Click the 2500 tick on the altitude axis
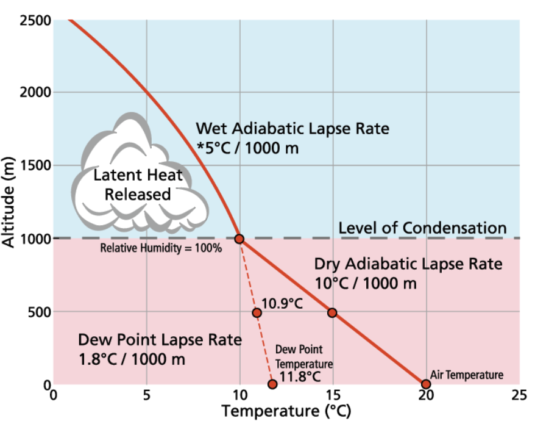click(35, 20)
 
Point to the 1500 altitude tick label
click(35, 165)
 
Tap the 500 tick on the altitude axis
click(40, 312)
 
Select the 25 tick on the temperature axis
click(519, 395)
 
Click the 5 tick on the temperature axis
click(146, 395)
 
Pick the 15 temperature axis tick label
click(333, 395)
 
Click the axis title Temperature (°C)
click(286, 411)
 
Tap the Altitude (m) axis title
click(8, 202)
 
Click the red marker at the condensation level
click(239, 239)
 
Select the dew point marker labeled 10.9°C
click(257, 313)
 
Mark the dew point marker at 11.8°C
click(272, 384)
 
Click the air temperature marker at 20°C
click(426, 384)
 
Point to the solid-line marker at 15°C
click(332, 312)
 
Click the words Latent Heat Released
click(138, 185)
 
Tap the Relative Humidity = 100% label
click(161, 248)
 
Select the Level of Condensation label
click(422, 228)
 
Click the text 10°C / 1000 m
click(366, 284)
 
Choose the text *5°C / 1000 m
click(247, 148)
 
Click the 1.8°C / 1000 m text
click(132, 359)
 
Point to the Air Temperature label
click(467, 375)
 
